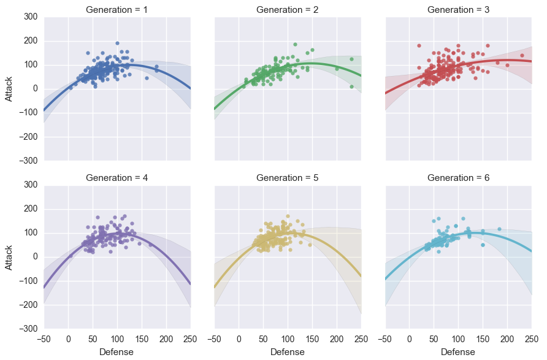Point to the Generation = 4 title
[x=117, y=178]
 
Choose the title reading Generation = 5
[x=288, y=178]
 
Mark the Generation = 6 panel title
[x=459, y=178]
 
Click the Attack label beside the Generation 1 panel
[x=9, y=89]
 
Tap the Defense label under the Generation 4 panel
[x=117, y=352]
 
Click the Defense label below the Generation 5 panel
[x=288, y=352]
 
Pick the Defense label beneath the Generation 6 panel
[x=459, y=352]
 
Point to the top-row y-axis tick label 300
[x=30, y=17]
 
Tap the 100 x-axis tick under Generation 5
[x=288, y=338]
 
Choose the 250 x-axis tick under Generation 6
[x=532, y=338]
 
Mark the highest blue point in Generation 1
[x=117, y=44]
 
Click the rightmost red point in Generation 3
[x=522, y=55]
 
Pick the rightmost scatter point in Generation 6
[x=499, y=229]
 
